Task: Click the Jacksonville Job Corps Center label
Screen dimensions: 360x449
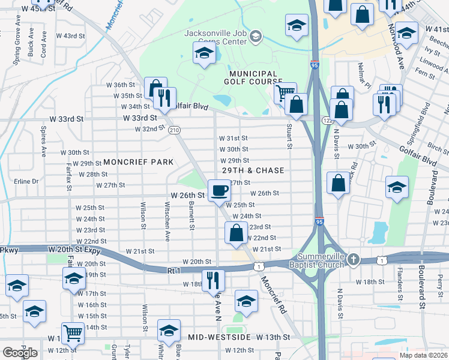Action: point(215,37)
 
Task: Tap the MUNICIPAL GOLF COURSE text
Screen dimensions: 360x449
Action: point(253,77)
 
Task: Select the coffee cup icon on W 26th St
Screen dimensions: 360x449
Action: point(219,190)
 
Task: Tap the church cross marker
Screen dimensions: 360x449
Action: point(354,259)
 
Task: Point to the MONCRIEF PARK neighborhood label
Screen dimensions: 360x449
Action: point(138,162)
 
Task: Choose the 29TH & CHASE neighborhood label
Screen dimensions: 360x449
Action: point(253,171)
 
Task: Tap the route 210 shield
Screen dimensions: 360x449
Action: point(174,130)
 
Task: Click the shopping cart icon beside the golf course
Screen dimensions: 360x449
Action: point(285,92)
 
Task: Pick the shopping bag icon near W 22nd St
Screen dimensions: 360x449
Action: point(237,232)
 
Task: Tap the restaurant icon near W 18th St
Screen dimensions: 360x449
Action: point(212,279)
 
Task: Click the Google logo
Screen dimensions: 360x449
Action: point(20,353)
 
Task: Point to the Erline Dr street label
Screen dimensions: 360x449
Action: point(26,181)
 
